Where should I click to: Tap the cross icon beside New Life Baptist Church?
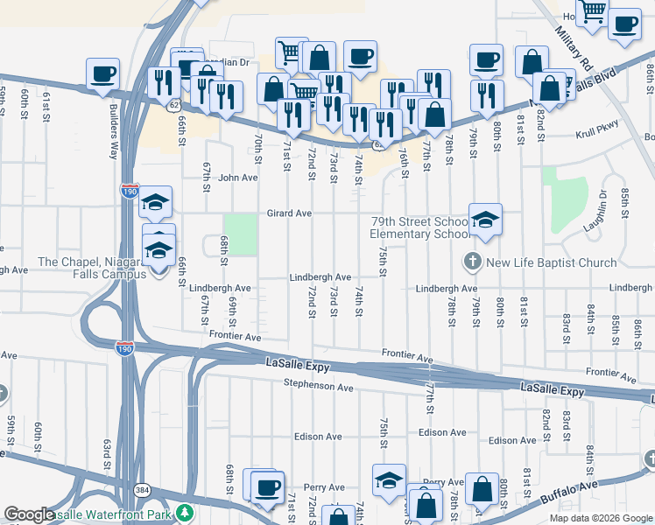coord(471,262)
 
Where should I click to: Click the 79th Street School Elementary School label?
coord(419,227)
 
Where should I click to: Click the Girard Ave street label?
coord(290,213)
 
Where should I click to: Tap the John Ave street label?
coord(238,177)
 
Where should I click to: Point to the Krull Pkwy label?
coord(597,136)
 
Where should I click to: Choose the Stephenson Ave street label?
coord(318,386)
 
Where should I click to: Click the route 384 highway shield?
coord(141,489)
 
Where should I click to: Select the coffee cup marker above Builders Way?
coord(102,73)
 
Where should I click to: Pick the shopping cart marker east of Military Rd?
coord(593,12)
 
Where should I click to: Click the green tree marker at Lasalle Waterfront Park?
coord(184,512)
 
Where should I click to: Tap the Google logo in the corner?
coord(29,514)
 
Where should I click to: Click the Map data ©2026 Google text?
coord(601,518)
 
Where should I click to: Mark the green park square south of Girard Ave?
coord(241,234)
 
